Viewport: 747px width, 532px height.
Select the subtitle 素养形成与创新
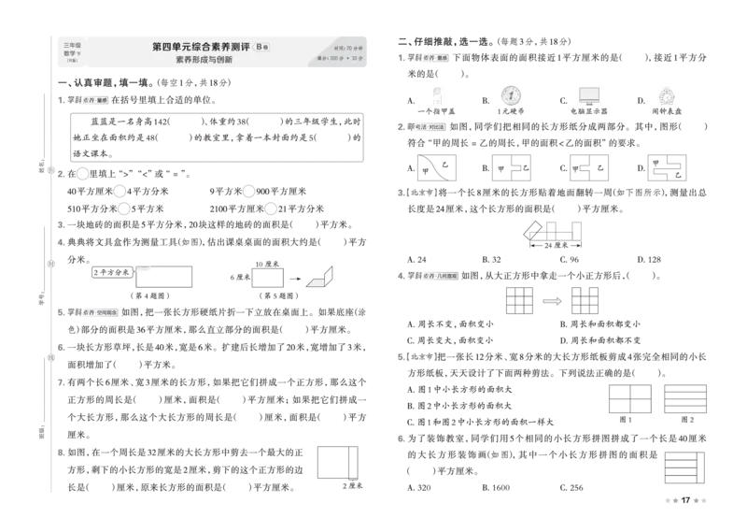point(203,60)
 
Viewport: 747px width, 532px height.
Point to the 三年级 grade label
point(72,44)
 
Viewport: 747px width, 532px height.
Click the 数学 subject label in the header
point(70,53)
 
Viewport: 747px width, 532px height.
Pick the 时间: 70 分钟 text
point(347,48)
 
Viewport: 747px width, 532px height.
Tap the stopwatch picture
point(510,94)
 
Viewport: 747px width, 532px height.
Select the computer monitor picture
point(589,94)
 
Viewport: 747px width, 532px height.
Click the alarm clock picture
point(665,94)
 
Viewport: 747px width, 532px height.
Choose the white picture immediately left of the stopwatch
point(436,94)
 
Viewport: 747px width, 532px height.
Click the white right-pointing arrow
point(551,301)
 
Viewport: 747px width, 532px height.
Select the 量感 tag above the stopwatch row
point(429,58)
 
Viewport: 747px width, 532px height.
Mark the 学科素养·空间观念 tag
point(90,312)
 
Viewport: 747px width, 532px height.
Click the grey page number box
point(686,501)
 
